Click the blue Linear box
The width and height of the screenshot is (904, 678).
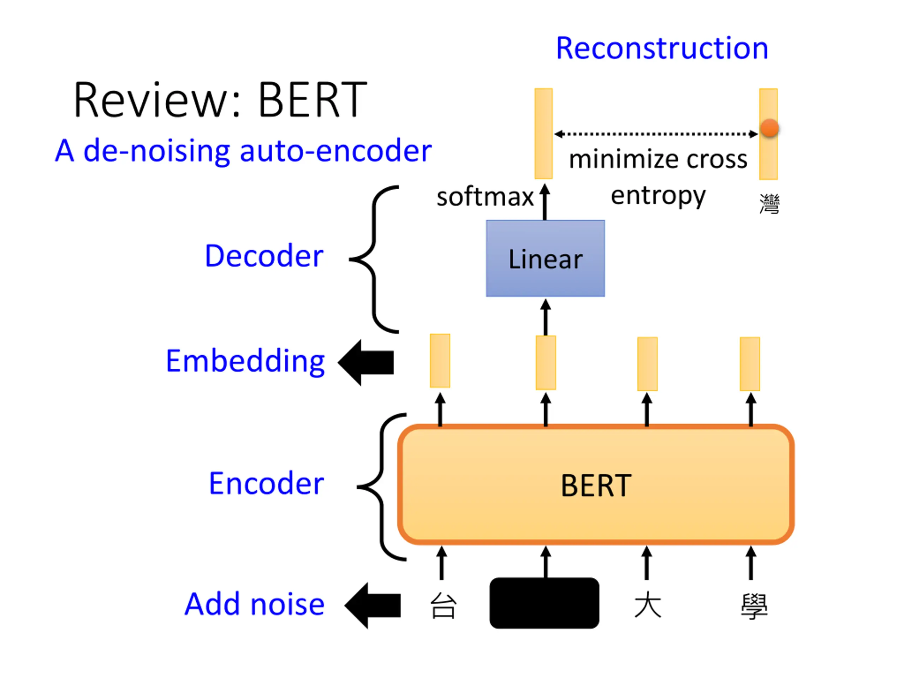tap(545, 258)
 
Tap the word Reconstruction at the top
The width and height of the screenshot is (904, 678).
tap(662, 48)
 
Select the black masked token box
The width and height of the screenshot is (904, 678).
tap(545, 603)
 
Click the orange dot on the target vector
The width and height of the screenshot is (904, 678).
tap(769, 128)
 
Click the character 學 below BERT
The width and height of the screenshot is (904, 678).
tap(754, 606)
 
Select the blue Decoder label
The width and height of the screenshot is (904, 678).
tap(264, 256)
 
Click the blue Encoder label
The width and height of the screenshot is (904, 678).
tap(267, 483)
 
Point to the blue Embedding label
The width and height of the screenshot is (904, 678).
tap(245, 362)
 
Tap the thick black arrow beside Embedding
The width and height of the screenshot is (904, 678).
tap(366, 363)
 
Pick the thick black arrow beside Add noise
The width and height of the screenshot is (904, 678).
tap(373, 605)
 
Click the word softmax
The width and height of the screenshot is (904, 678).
tap(485, 197)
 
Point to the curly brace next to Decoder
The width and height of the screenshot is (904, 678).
tap(374, 259)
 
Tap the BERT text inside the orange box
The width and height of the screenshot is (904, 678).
tap(596, 486)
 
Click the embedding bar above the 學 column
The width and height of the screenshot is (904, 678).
tap(750, 364)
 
